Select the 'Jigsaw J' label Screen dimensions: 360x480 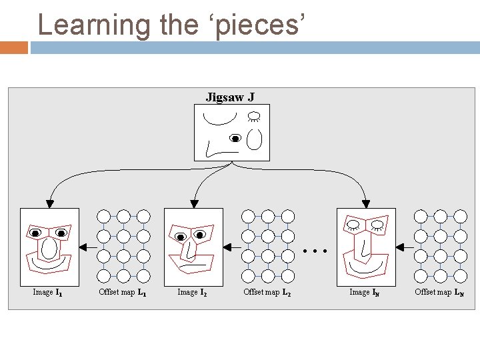(230, 97)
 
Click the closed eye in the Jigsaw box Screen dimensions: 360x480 (253, 117)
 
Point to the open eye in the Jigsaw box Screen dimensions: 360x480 (235, 139)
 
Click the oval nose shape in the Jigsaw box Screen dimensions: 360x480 (254, 139)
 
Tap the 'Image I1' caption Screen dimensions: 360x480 (48, 292)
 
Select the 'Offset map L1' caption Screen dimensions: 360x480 (123, 292)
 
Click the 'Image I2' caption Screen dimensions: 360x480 (192, 292)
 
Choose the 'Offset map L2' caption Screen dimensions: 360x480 (267, 292)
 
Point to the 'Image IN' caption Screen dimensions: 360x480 (365, 292)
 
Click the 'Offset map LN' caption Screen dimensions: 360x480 (439, 292)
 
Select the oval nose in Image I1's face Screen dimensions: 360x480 (49, 248)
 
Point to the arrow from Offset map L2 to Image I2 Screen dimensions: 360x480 (231, 247)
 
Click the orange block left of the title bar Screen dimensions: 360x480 (14, 48)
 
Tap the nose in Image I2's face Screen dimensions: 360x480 (191, 250)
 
